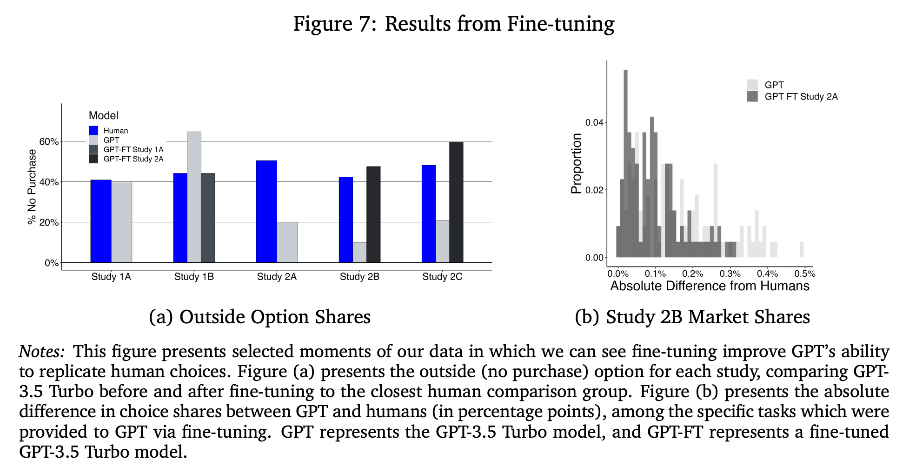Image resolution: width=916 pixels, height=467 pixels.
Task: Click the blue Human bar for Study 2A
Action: tap(266, 212)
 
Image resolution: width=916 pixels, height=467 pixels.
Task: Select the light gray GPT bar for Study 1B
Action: tap(194, 197)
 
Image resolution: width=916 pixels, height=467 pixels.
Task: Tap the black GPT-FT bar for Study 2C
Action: tap(456, 202)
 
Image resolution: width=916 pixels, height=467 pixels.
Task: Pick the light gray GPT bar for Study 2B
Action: tap(359, 252)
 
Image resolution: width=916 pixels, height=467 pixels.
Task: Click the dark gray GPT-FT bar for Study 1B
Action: tap(208, 218)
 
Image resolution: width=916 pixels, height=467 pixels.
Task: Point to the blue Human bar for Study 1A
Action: tap(101, 221)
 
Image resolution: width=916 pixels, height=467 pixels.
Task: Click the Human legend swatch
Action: tap(93, 131)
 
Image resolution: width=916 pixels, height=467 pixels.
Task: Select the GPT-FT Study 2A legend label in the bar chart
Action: tap(133, 159)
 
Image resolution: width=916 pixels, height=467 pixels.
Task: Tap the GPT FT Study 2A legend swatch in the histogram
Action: tap(752, 97)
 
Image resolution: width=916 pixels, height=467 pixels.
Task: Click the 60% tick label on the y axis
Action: tap(49, 141)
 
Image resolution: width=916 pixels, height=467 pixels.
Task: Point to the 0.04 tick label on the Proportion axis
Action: tap(594, 122)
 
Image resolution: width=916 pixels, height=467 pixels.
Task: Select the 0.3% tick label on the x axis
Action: tap(730, 274)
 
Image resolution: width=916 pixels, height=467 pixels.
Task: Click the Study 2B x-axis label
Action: tap(359, 277)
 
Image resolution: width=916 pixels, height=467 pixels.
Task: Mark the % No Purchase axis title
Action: tap(32, 187)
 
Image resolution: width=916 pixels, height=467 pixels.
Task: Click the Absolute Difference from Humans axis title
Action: tap(710, 286)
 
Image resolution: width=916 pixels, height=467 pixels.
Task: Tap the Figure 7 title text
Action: tap(453, 24)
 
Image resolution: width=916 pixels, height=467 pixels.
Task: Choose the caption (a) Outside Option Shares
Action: tap(259, 317)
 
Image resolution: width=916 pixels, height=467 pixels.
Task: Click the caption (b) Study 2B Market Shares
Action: tap(692, 317)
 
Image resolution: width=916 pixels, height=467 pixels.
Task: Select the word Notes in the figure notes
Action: tap(41, 352)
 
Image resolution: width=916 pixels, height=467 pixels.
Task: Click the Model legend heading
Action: tap(103, 115)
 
